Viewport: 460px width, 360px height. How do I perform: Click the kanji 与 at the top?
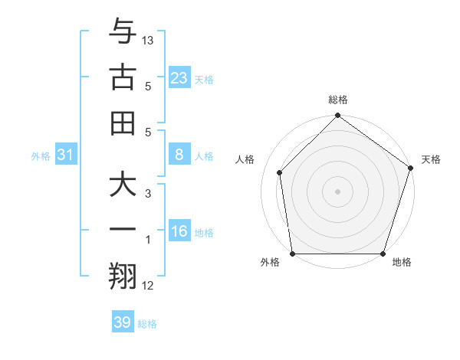tap(123, 31)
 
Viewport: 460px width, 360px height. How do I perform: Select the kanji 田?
tap(123, 123)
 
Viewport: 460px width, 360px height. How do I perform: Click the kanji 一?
tap(123, 232)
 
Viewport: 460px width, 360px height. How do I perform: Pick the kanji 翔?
tap(123, 278)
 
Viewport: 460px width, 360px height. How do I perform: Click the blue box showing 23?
tap(179, 77)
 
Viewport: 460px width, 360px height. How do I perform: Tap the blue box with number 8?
tap(179, 155)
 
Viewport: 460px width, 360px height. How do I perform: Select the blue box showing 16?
tap(179, 232)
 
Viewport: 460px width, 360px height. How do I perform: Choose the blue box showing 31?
tap(66, 155)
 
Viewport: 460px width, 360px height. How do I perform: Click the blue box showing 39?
tap(123, 322)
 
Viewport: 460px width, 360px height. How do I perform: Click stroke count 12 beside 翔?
tap(148, 286)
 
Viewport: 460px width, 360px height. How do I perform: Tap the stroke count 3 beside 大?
tap(148, 194)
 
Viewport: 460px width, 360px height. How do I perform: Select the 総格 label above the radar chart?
tap(337, 100)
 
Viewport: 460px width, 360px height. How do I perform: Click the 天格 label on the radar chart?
tap(432, 159)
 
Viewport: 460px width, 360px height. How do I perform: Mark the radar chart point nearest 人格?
tap(280, 172)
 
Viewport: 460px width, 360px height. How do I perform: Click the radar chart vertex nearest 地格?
tap(383, 254)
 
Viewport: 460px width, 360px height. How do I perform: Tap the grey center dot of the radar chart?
tap(337, 191)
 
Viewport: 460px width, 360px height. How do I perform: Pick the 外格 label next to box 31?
tap(41, 156)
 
